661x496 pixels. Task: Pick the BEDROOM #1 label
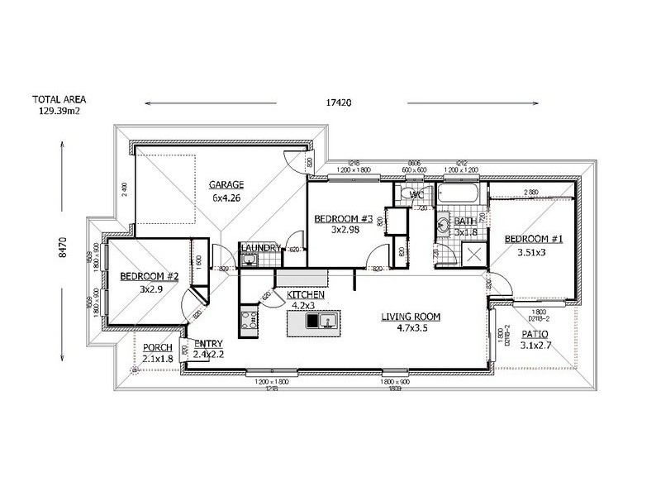point(534,240)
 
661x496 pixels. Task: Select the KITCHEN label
point(305,295)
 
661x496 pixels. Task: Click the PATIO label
point(538,335)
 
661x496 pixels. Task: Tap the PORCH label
point(157,347)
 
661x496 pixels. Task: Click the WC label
point(416,195)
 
